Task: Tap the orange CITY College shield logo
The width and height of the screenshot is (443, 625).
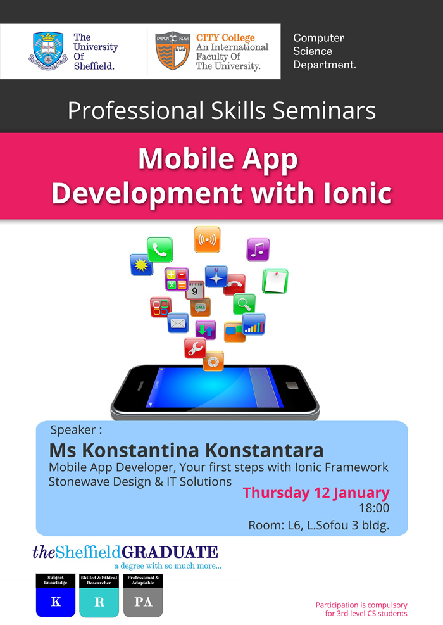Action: click(172, 51)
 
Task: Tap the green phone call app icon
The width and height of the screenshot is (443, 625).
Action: click(159, 249)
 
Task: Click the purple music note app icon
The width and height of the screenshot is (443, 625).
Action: click(258, 249)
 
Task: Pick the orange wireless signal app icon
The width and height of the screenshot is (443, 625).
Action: click(207, 240)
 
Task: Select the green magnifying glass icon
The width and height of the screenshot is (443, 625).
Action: click(244, 304)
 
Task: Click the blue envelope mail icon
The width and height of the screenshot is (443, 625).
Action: click(178, 323)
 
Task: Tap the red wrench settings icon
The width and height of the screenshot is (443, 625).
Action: click(195, 348)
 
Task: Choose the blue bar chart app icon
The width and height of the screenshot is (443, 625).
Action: click(254, 324)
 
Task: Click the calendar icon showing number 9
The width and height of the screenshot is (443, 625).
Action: click(195, 290)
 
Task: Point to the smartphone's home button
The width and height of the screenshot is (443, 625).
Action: click(291, 385)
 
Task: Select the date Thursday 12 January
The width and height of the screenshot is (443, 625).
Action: click(316, 493)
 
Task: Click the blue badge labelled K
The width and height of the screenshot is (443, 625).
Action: click(56, 602)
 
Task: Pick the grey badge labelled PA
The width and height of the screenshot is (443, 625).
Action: click(143, 602)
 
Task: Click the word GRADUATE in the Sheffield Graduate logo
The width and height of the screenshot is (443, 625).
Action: click(170, 552)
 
